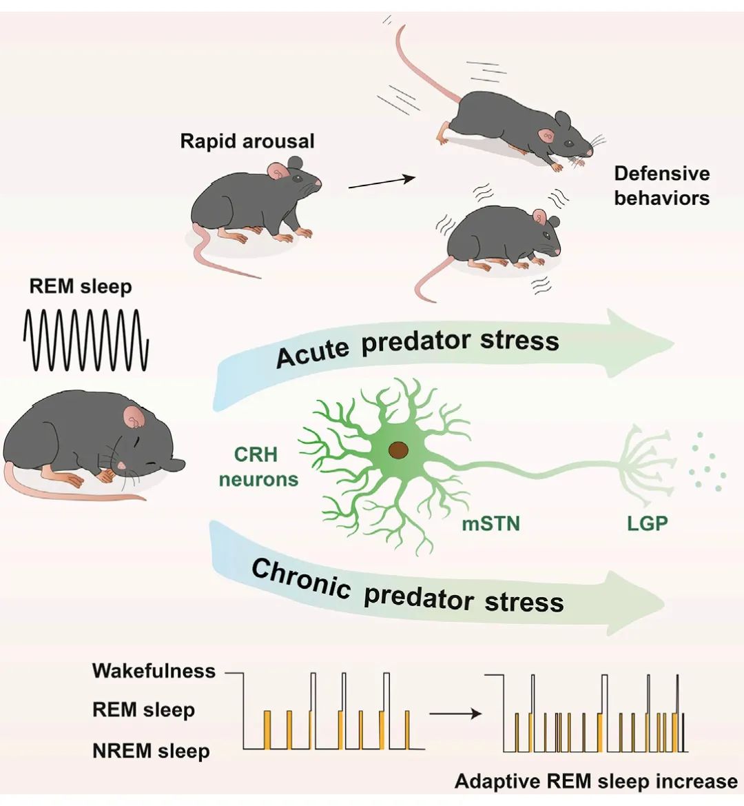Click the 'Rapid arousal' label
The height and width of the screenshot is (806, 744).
247,141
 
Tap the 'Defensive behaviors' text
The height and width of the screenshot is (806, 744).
661,185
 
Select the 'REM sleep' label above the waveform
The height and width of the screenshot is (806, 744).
80,286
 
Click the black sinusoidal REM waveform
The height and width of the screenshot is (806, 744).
86,340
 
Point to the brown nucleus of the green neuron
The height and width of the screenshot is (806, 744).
398,450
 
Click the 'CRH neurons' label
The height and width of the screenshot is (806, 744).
258,467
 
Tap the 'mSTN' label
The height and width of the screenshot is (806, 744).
490,524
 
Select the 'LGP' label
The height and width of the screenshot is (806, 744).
647,524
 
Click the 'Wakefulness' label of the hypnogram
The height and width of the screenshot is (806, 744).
154,671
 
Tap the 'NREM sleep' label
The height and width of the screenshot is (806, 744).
151,751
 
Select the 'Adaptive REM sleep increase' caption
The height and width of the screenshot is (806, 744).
596,781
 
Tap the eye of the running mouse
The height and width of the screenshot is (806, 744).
568,143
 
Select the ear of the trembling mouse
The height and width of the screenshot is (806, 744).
539,219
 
